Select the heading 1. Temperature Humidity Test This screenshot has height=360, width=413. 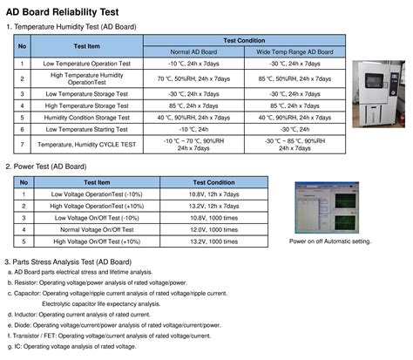71,28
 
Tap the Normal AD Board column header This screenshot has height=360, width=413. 199,51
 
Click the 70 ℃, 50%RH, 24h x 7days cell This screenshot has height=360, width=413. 199,78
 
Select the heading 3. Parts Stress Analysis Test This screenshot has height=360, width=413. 72,262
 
